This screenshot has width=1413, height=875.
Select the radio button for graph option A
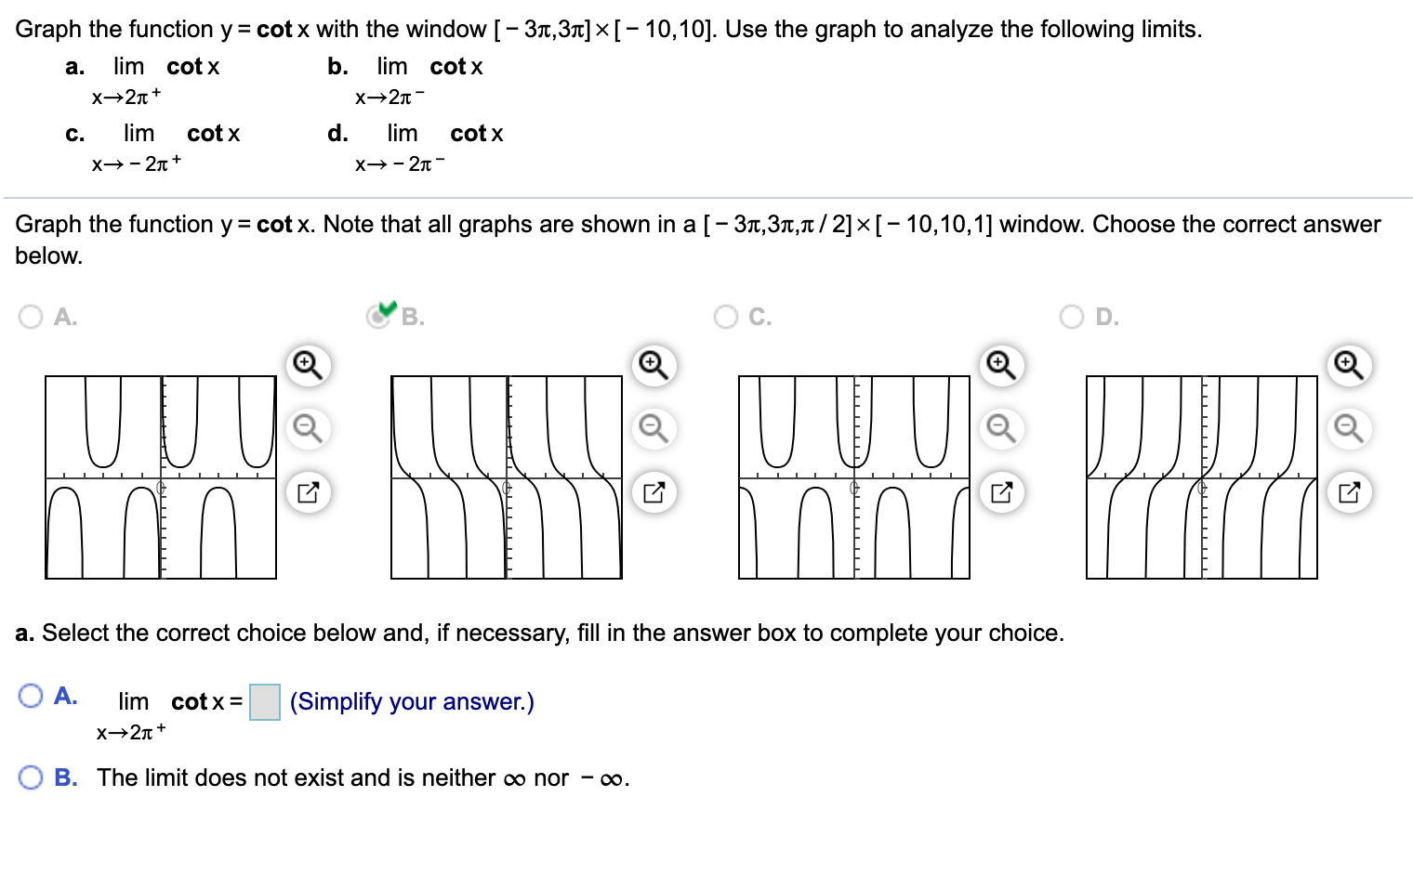pos(31,317)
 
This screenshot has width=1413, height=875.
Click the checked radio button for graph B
pos(377,317)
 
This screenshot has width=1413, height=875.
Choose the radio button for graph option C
pos(725,317)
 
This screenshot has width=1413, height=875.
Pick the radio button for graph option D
pos(1072,317)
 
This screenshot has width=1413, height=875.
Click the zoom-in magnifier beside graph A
pos(308,364)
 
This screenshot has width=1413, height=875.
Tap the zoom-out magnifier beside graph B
pos(654,428)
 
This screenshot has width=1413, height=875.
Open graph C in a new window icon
pos(1000,492)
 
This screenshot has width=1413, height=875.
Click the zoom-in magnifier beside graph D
pos(1349,364)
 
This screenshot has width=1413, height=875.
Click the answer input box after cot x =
pos(265,702)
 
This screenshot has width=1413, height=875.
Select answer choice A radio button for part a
pos(31,696)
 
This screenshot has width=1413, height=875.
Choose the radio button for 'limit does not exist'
pos(31,777)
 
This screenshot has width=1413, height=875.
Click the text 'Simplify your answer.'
pos(412,701)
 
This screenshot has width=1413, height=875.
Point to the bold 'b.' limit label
pos(337,66)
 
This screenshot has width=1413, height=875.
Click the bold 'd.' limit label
pos(337,133)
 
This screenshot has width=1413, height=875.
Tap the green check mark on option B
pos(387,307)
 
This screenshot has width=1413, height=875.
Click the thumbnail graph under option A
pos(161,477)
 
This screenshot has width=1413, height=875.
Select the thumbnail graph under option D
pos(1201,477)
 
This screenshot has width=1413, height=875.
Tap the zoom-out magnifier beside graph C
pos(1000,428)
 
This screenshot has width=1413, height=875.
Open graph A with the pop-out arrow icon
pos(308,492)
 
